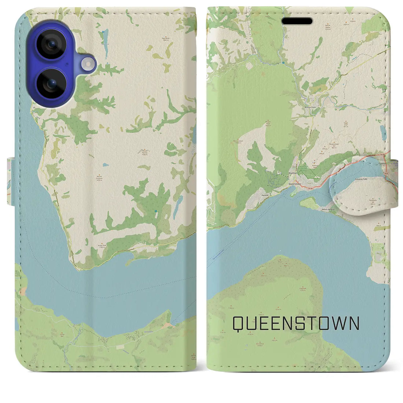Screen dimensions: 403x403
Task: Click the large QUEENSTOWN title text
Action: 296,323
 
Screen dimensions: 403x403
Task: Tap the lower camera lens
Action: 51,83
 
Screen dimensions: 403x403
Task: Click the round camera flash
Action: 87,64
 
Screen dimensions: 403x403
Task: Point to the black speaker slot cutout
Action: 297,21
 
